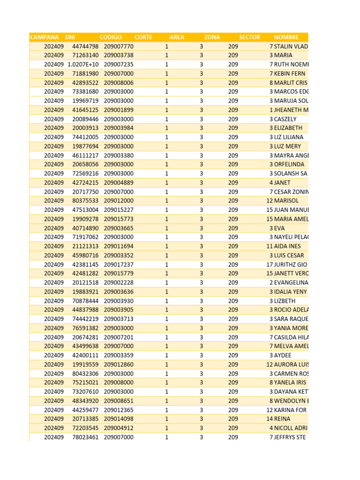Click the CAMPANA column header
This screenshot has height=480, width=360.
coord(45,37)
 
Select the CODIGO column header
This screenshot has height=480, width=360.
coord(111,37)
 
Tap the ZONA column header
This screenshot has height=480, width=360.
coord(212,37)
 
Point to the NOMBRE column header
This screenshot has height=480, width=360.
coord(286,37)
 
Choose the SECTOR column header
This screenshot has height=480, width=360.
coord(249,37)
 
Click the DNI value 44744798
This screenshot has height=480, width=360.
coord(85,46)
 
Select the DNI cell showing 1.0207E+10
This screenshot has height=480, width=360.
coord(83,65)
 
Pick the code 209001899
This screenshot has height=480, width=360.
coord(119,110)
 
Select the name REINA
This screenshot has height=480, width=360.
coord(282,419)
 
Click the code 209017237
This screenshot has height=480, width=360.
coord(119,264)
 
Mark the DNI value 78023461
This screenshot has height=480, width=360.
coord(85,437)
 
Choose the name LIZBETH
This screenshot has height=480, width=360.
coord(285,300)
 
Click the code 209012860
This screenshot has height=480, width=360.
coord(119,364)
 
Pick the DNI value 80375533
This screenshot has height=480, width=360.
coord(85,201)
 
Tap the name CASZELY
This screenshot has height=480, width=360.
coord(285,119)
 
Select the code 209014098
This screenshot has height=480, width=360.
coord(119,419)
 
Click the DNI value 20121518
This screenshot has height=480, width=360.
coord(85,283)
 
